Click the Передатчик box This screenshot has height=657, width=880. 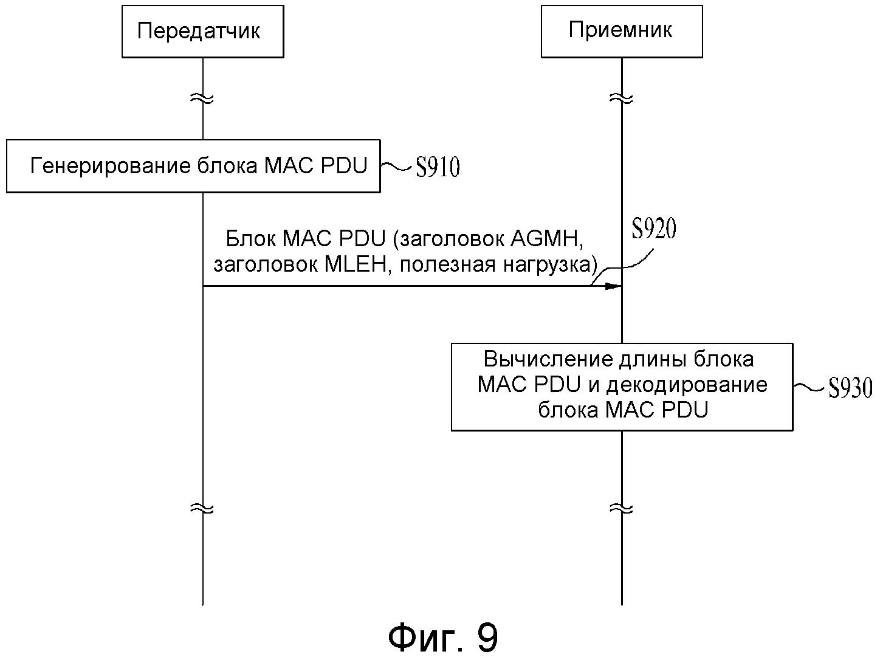(x=202, y=32)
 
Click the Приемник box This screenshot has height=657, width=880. (x=621, y=32)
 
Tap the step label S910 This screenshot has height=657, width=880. (x=438, y=168)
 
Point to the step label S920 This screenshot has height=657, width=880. (x=654, y=229)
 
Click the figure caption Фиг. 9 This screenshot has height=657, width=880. (x=443, y=637)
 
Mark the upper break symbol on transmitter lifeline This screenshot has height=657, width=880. (x=202, y=98)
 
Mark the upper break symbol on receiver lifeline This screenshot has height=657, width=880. (x=622, y=98)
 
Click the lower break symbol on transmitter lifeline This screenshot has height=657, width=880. (x=202, y=508)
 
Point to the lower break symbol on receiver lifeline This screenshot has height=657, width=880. (x=622, y=508)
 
